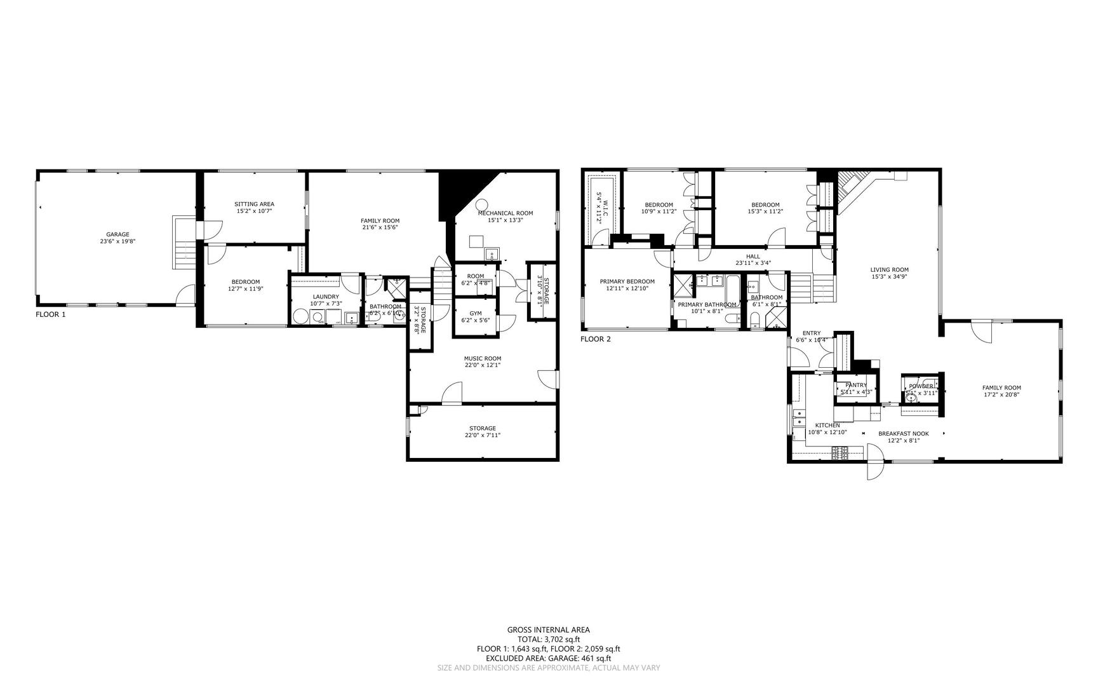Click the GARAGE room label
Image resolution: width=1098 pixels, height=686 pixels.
click(117, 234)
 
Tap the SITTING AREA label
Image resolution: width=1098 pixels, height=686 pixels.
click(254, 204)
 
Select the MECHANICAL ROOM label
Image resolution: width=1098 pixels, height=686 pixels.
click(505, 213)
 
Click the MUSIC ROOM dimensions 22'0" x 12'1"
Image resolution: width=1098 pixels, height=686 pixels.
click(483, 365)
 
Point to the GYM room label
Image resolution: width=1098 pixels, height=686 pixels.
click(476, 313)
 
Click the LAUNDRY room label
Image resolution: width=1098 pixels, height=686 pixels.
click(326, 297)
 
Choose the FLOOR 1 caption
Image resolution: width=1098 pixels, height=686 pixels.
click(50, 314)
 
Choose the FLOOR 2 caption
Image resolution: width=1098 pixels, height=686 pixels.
click(595, 339)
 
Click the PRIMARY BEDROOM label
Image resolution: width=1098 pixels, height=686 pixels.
click(627, 281)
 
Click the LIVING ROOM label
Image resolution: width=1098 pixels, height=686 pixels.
click(889, 269)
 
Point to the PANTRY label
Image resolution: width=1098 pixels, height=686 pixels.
click(856, 385)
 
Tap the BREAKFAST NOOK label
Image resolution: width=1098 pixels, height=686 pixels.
click(903, 434)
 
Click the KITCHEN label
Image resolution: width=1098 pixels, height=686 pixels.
click(827, 426)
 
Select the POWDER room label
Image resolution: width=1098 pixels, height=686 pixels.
click(921, 386)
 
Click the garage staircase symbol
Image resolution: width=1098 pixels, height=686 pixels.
click(184, 243)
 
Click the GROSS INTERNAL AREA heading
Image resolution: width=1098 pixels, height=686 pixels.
click(548, 630)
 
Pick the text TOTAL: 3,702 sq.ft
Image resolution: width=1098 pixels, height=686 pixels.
click(548, 640)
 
